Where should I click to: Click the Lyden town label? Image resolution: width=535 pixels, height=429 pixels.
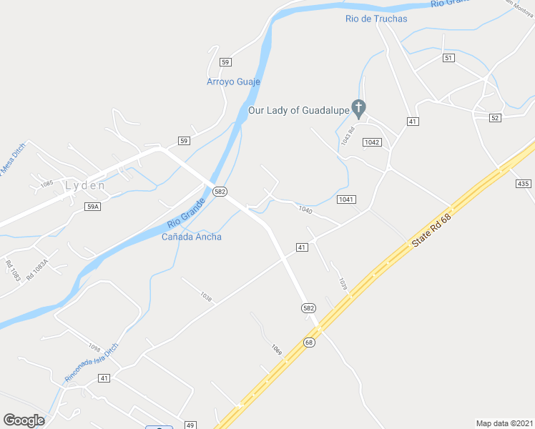coord(85,185)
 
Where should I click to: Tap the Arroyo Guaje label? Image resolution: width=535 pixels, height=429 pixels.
coord(233,82)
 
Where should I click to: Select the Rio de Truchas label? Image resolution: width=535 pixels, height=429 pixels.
coord(376,19)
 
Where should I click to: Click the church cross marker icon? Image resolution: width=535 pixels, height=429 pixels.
coord(360,109)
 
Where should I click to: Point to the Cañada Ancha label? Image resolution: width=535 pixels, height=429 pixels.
coord(192,237)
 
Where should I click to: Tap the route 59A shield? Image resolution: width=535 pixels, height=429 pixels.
coord(92,207)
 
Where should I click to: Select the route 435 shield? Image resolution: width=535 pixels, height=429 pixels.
coord(524,184)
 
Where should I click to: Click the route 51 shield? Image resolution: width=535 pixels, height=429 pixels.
coord(448,58)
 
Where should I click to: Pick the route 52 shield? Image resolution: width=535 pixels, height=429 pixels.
coord(495,117)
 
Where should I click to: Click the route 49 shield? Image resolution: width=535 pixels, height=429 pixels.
coord(190,425)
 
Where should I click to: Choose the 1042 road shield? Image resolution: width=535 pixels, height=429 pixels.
coord(372,142)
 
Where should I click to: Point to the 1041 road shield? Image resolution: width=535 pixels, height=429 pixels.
coord(346,199)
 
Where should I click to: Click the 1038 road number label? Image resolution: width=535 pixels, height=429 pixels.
coord(207,296)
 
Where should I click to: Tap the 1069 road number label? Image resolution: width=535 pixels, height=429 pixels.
coord(277,350)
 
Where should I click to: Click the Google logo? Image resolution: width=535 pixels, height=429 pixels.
coord(24,420)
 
